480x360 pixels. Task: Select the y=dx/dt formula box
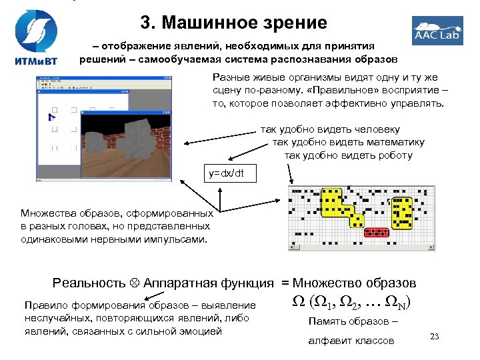(x=226, y=173)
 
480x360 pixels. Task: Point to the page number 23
(x=436, y=335)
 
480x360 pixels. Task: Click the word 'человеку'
(x=376, y=129)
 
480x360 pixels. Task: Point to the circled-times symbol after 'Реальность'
(x=137, y=283)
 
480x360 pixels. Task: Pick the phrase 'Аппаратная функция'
(x=209, y=283)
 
